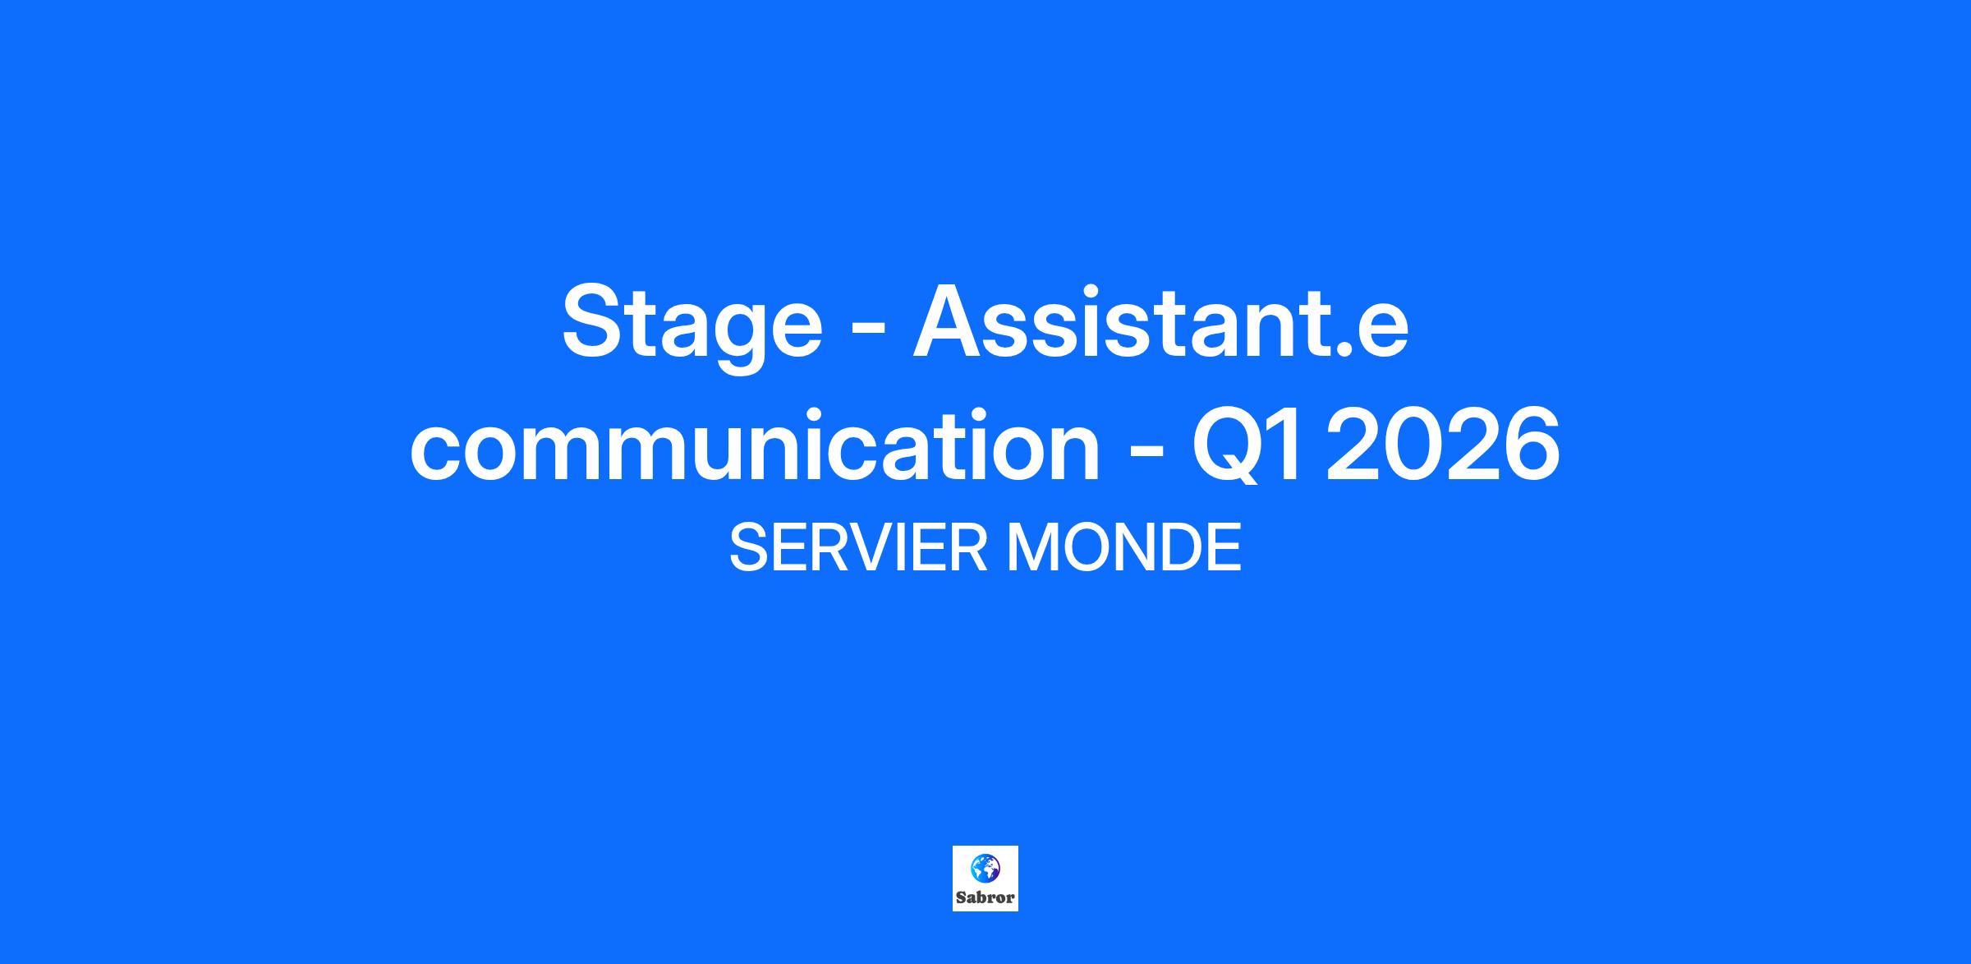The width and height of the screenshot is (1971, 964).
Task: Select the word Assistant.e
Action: pos(1161,321)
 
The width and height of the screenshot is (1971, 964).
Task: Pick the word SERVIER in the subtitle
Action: pos(858,548)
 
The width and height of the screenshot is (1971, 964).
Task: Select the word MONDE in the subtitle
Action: pos(1123,548)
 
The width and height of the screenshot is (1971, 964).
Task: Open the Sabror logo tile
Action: pos(985,879)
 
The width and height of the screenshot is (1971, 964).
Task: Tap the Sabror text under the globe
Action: pos(985,897)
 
